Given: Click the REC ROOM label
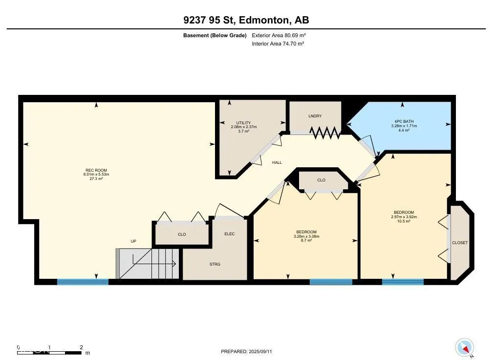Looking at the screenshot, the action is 96,170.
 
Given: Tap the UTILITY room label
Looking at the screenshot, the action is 243,123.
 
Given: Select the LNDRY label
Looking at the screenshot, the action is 315,116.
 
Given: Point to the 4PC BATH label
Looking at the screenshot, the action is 404,121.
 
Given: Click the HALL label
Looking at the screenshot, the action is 277,162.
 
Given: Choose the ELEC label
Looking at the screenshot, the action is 230,234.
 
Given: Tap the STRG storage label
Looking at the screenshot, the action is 215,264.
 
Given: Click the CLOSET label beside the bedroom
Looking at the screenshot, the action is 460,243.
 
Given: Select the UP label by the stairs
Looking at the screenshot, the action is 133,241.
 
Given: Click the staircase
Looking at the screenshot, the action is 148,264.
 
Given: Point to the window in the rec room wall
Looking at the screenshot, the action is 83,282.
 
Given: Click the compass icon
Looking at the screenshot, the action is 464,348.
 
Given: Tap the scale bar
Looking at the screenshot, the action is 49,352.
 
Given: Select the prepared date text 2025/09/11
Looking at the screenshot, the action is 260,352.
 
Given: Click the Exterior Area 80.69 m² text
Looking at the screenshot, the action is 279,35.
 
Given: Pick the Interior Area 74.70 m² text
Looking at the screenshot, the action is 278,44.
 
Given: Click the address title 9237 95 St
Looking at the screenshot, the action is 208,20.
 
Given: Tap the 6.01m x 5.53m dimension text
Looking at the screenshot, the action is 96,175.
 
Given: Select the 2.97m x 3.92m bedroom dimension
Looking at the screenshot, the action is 404,217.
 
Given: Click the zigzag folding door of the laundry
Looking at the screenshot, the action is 325,133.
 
